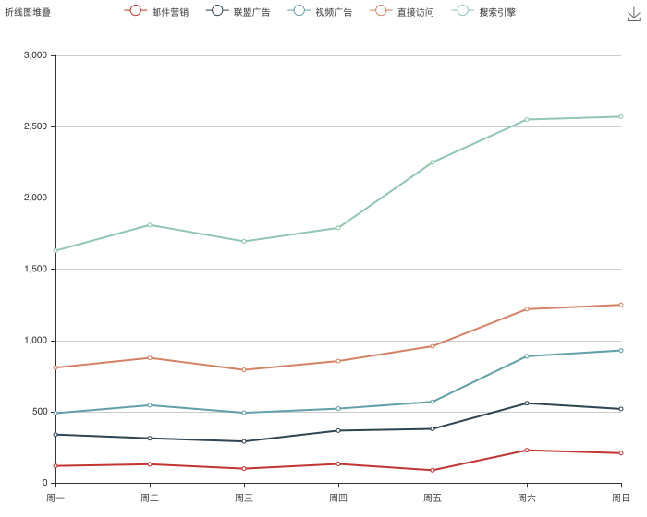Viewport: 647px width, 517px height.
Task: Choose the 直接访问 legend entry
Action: [x=401, y=11]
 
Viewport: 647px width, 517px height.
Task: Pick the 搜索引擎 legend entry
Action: [x=484, y=11]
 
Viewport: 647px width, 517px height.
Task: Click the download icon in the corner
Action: [x=633, y=14]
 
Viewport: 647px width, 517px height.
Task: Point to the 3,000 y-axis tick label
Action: [x=35, y=55]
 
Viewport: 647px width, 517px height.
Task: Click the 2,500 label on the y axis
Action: [x=35, y=126]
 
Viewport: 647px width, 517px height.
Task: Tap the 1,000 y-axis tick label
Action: [x=35, y=341]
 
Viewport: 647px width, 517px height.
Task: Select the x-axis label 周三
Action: [x=244, y=498]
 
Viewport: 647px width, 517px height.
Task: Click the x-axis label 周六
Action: [x=526, y=498]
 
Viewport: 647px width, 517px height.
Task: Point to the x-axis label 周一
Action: [x=55, y=498]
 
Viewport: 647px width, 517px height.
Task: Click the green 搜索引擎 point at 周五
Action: [x=433, y=162]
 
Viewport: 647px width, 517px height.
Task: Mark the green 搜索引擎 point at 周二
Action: [x=150, y=224]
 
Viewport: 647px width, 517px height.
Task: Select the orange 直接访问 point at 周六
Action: [x=527, y=309]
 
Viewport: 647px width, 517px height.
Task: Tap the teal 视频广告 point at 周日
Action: [x=621, y=350]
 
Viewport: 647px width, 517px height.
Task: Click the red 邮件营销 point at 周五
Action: [x=433, y=470]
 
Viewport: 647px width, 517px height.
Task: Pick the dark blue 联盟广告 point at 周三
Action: [x=244, y=441]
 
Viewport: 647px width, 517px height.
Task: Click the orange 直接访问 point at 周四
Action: [x=338, y=361]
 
